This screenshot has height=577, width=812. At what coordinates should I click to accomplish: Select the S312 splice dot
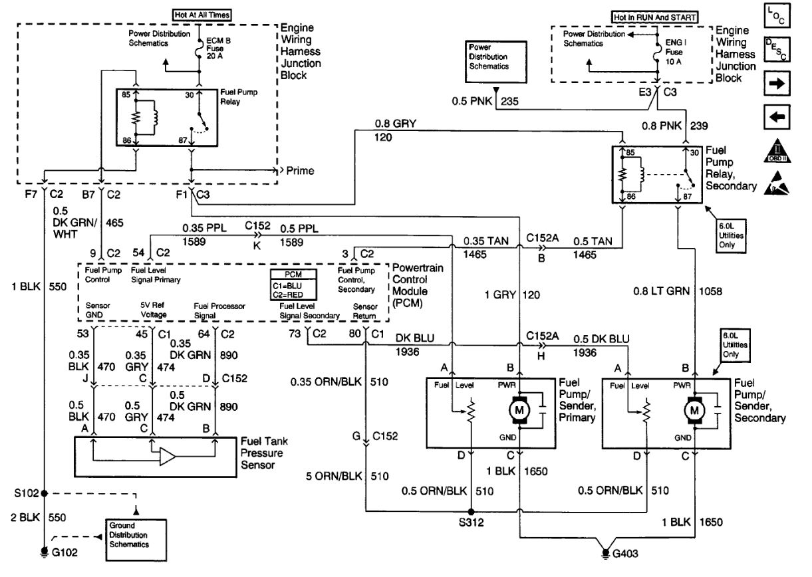pos(471,512)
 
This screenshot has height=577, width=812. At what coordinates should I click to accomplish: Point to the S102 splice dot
pos(45,493)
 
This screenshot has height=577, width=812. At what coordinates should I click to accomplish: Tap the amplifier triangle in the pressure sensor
pos(167,456)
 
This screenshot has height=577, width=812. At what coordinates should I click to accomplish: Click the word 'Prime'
pos(301,171)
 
